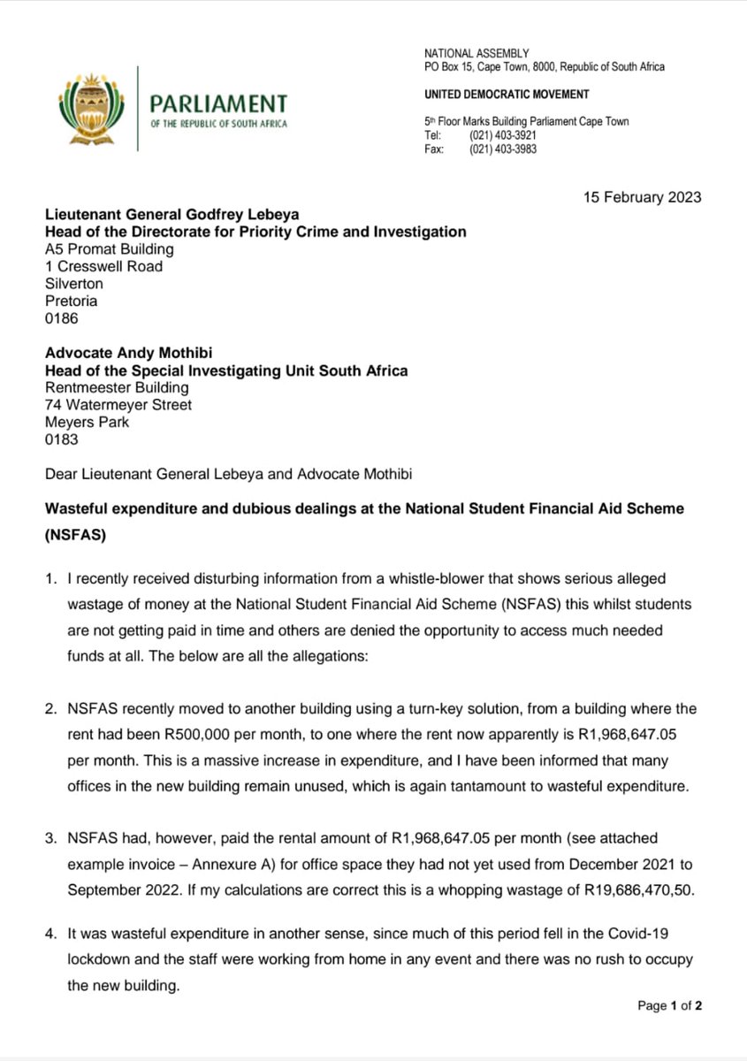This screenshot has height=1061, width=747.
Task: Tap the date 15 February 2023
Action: tap(641, 196)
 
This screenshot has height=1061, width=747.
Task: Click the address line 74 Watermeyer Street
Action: tap(118, 405)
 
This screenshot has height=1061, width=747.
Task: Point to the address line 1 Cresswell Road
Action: tap(103, 266)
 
